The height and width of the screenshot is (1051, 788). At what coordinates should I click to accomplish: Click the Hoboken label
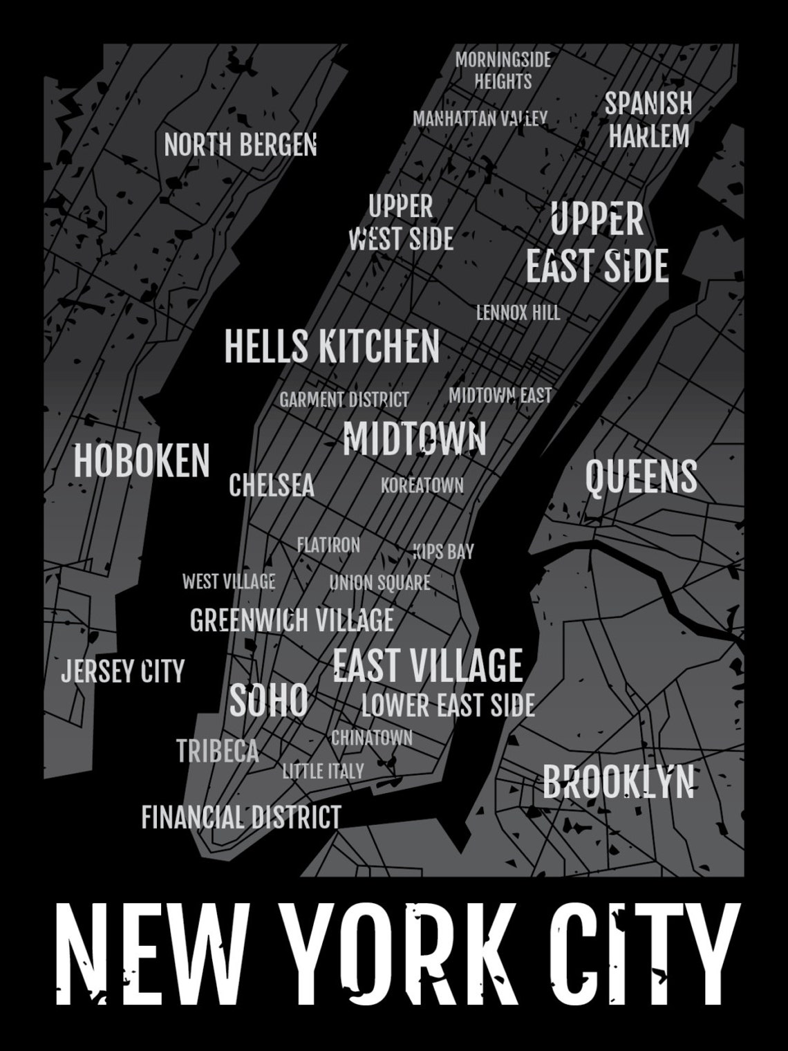pyautogui.click(x=142, y=461)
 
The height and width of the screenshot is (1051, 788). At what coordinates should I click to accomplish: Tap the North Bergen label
pyautogui.click(x=240, y=145)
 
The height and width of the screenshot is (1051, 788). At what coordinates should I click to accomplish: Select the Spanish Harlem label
pyautogui.click(x=648, y=120)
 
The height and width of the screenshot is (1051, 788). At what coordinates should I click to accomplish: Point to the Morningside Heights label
pyautogui.click(x=503, y=71)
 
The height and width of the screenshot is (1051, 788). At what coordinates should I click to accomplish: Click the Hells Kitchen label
pyautogui.click(x=332, y=346)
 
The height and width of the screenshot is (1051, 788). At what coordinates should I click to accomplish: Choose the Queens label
pyautogui.click(x=641, y=477)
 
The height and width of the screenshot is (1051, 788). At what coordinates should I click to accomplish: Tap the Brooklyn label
pyautogui.click(x=618, y=782)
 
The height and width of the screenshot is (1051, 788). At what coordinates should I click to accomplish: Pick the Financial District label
pyautogui.click(x=241, y=817)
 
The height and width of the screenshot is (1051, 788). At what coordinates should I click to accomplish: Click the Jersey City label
pyautogui.click(x=123, y=671)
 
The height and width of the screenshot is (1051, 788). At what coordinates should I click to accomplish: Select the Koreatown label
pyautogui.click(x=422, y=485)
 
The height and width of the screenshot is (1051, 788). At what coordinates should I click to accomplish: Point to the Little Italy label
pyautogui.click(x=323, y=770)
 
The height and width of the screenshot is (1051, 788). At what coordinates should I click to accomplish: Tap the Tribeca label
pyautogui.click(x=218, y=751)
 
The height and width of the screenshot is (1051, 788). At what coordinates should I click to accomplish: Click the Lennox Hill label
pyautogui.click(x=518, y=313)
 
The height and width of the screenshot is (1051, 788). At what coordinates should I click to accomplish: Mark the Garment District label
pyautogui.click(x=344, y=400)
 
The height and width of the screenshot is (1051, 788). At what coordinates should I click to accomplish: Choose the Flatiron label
pyautogui.click(x=328, y=545)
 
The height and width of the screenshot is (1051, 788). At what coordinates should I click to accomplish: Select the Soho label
pyautogui.click(x=268, y=700)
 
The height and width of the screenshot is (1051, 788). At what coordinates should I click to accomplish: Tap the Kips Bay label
pyautogui.click(x=444, y=551)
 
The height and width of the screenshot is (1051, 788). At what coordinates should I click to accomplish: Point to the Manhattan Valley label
pyautogui.click(x=480, y=119)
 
